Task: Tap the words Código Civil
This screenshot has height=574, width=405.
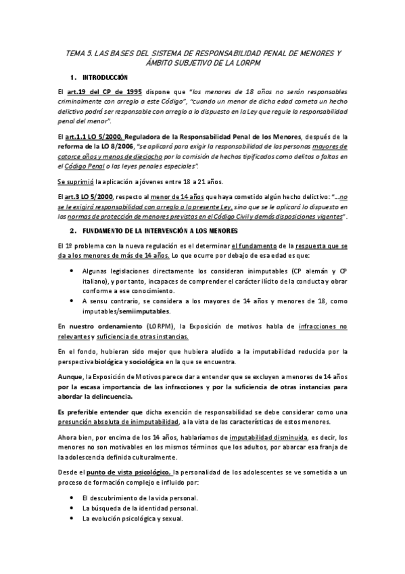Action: pyautogui.click(x=234, y=217)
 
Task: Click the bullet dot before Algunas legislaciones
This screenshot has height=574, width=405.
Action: pyautogui.click(x=73, y=269)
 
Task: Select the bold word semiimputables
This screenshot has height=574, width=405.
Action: pyautogui.click(x=139, y=311)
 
